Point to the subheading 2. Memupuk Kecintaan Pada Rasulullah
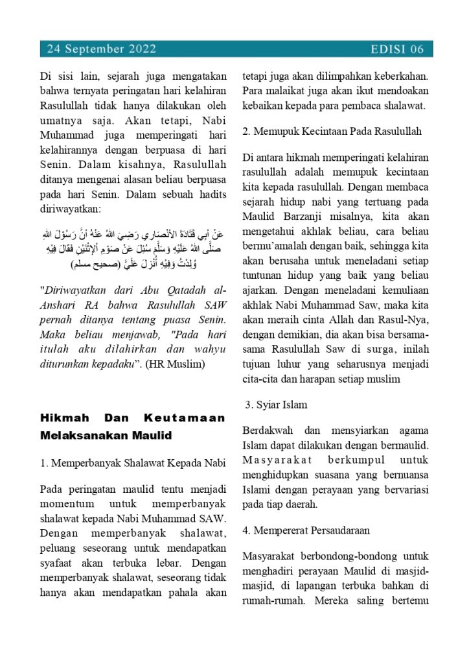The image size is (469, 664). coord(332,131)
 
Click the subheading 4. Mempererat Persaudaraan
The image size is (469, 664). coord(306,530)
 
